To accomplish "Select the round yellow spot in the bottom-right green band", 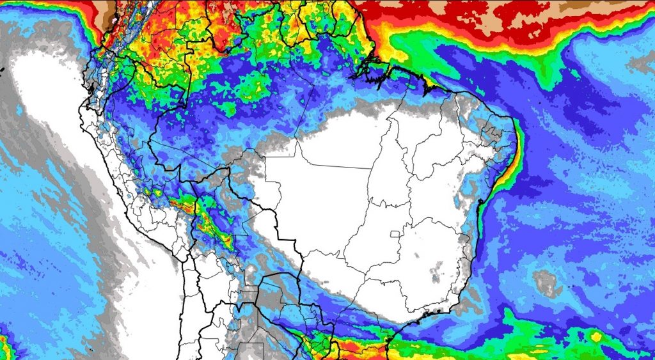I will (x=596, y=336).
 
